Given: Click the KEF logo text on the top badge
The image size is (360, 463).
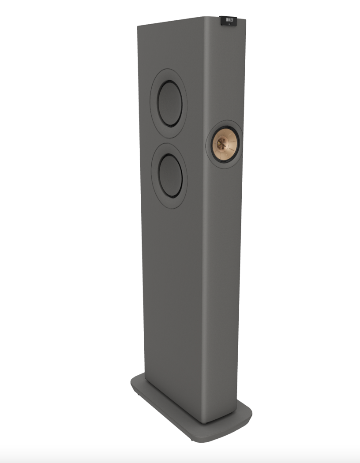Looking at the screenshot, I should point(230,19).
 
